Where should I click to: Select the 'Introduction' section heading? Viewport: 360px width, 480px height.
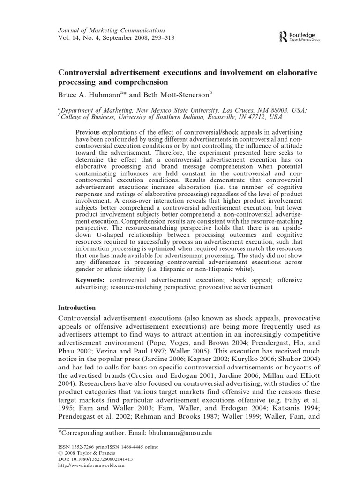pyautogui.click(x=76, y=308)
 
